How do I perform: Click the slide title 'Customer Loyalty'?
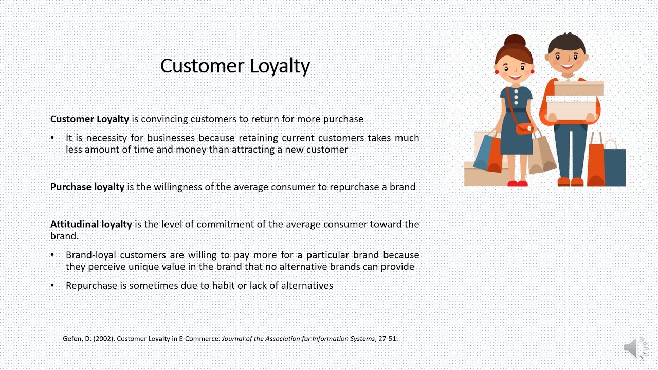click(x=235, y=66)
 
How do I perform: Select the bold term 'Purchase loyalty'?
click(x=87, y=187)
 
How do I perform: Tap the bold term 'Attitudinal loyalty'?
click(x=91, y=224)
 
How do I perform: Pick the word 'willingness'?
click(x=177, y=187)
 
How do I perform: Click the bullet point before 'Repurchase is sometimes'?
click(x=52, y=285)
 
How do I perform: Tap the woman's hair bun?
click(x=515, y=42)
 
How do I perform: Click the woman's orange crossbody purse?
click(x=524, y=128)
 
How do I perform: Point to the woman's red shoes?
click(x=517, y=183)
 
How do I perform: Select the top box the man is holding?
click(x=578, y=88)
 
